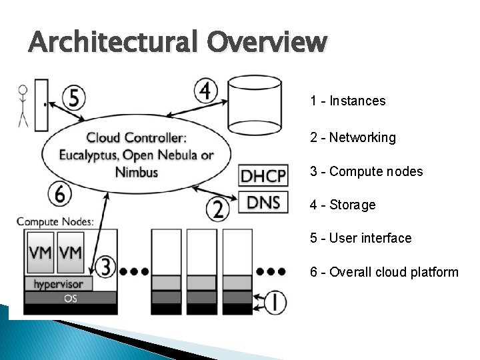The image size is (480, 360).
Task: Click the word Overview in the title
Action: click(267, 43)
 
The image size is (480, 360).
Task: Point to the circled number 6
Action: click(60, 194)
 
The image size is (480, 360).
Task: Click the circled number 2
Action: click(218, 210)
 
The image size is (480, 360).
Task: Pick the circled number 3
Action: click(105, 268)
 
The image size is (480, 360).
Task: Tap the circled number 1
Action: click(274, 302)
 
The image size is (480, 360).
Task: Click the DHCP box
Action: click(263, 177)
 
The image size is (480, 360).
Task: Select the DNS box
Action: click(263, 203)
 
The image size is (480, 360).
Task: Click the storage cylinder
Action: click(254, 105)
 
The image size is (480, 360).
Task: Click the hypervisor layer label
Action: click(58, 284)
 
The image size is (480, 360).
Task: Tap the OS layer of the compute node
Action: click(70, 298)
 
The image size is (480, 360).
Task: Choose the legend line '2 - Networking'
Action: click(353, 138)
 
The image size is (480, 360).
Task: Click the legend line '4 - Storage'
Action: click(343, 205)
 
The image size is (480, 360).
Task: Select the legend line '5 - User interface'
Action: click(361, 238)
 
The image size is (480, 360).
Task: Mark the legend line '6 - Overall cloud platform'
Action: click(384, 272)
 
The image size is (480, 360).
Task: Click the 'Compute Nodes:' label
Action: click(55, 221)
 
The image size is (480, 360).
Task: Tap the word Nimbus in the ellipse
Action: click(137, 172)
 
